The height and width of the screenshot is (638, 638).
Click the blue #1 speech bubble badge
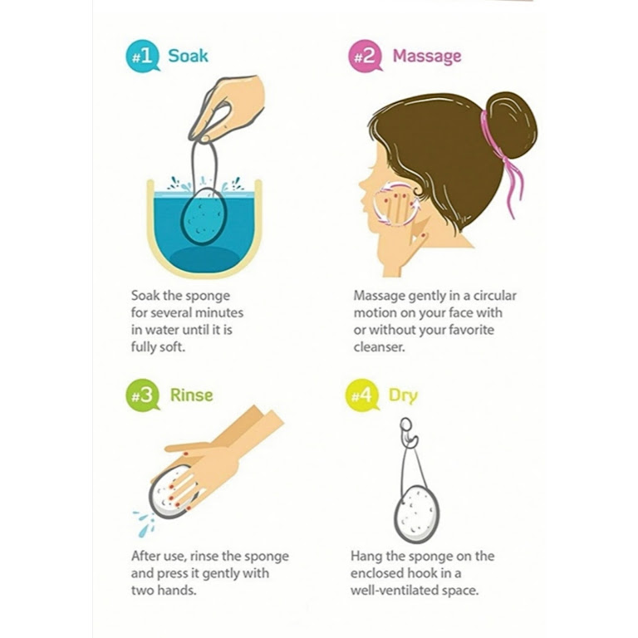point(142,56)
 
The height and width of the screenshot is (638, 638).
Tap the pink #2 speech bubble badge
point(365,56)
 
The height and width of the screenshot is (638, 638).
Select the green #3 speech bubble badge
point(142,395)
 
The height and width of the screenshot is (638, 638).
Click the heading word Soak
point(188,56)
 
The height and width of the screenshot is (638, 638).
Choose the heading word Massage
point(427,56)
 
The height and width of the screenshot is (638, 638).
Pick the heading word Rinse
point(191,395)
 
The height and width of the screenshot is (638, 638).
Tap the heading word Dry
point(403,396)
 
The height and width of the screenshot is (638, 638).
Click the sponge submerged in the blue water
point(203,217)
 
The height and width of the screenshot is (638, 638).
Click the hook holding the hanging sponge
point(409,434)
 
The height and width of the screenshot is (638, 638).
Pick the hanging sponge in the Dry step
point(416,514)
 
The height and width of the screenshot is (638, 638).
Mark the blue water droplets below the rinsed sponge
point(145,523)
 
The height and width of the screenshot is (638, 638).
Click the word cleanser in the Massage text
point(379,347)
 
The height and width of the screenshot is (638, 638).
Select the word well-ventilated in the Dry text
point(390,591)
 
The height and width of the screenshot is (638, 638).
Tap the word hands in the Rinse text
point(179,591)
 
